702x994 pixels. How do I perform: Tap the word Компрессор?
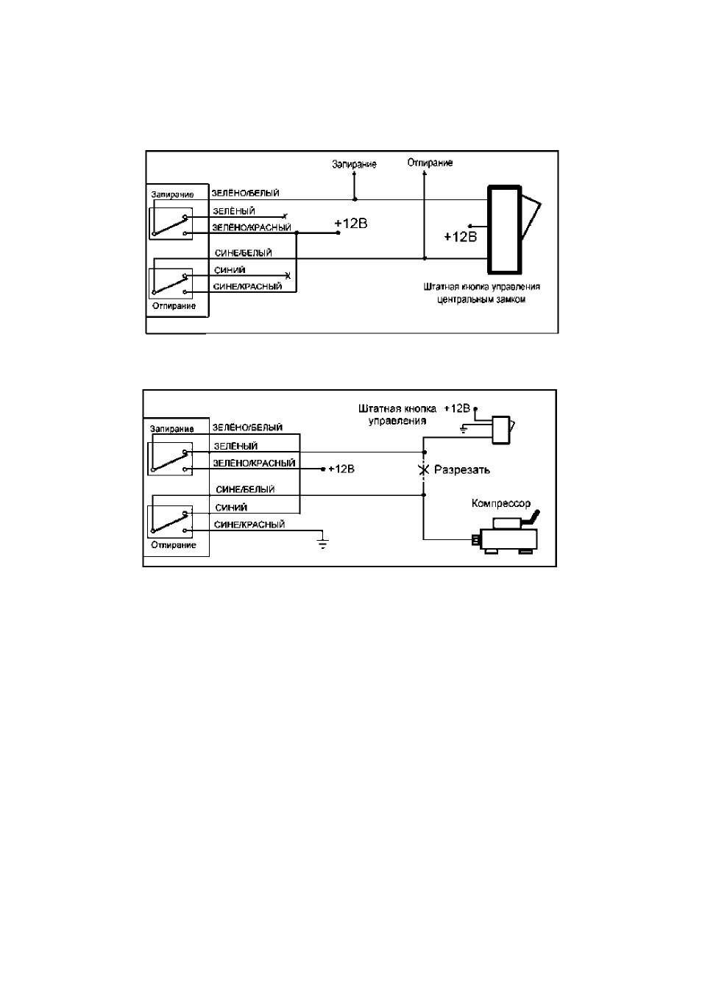(501, 504)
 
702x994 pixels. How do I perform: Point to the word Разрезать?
(462, 469)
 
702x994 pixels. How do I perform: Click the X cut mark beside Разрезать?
(425, 469)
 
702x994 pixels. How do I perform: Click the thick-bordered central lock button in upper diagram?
(505, 230)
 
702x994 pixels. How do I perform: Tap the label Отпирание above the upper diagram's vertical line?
(430, 163)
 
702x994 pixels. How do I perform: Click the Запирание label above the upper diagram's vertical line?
(354, 164)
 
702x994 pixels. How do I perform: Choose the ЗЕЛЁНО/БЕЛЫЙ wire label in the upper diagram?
(245, 193)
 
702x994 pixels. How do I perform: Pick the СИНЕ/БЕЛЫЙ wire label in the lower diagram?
(245, 489)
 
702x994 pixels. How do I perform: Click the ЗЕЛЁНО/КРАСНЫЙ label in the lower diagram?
(254, 464)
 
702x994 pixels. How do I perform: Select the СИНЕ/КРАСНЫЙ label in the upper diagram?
(247, 287)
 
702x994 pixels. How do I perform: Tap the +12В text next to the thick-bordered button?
(461, 237)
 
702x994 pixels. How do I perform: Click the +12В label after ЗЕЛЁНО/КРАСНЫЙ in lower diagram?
(341, 469)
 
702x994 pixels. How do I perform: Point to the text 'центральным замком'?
(481, 299)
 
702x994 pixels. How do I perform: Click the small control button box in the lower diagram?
(501, 430)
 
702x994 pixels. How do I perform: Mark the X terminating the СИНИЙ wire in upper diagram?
(288, 276)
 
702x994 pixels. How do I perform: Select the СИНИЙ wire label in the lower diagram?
(231, 508)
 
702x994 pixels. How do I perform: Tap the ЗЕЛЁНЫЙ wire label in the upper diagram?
(234, 211)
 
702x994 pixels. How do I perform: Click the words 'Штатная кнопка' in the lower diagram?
(397, 408)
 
